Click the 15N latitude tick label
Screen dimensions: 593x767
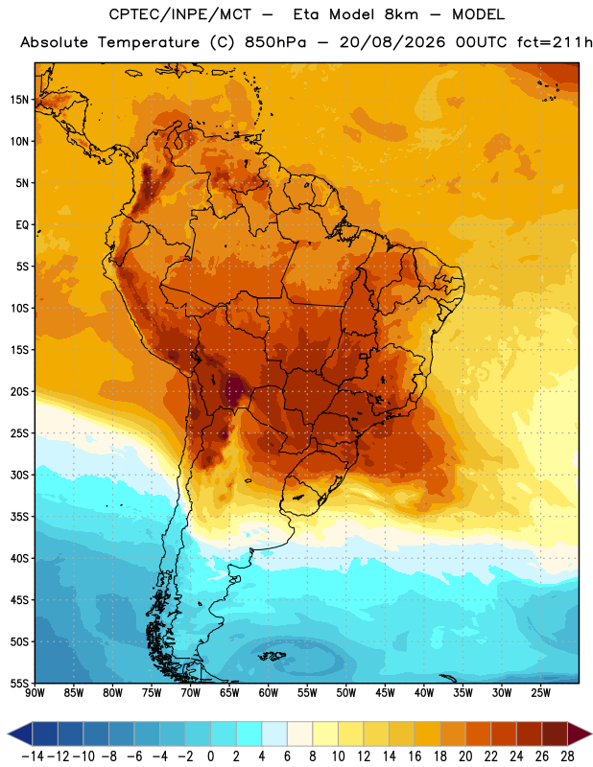19,100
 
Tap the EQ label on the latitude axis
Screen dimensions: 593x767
22,225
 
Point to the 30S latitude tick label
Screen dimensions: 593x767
19,475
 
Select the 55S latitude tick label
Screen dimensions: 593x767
19,684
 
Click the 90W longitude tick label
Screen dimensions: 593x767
35,693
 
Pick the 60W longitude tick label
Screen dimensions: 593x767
269,693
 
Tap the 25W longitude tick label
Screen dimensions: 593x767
541,693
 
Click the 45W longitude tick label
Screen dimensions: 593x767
386,693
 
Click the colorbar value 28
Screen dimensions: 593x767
567,756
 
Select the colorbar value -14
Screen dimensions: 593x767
33,756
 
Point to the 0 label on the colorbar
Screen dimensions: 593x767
210,756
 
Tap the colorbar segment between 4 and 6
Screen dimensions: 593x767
274,733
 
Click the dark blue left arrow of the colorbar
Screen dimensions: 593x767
20,733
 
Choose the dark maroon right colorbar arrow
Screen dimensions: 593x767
580,733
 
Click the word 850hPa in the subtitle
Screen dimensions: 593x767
275,42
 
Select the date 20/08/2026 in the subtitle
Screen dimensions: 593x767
392,42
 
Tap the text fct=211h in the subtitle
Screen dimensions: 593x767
555,42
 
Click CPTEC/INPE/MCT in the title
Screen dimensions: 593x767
180,14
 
